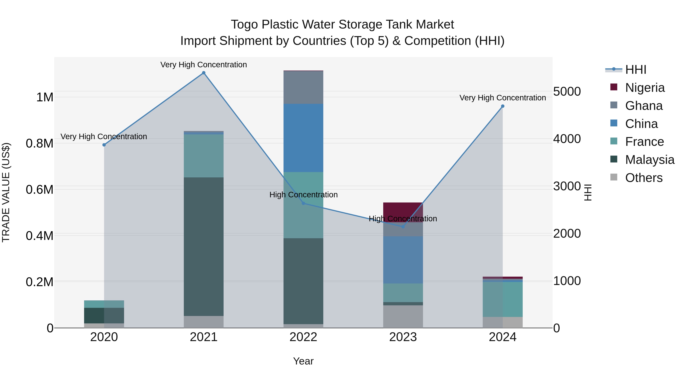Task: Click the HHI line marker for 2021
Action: (x=204, y=73)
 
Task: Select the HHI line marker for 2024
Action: (x=503, y=106)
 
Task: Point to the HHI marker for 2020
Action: (x=104, y=145)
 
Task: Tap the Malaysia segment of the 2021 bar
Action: (x=204, y=247)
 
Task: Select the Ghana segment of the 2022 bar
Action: (x=303, y=87)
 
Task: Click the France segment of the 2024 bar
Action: (x=503, y=299)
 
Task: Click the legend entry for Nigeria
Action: (x=645, y=87)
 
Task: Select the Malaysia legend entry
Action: (x=650, y=160)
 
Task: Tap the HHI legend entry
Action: (x=636, y=70)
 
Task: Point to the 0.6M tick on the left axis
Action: (x=39, y=189)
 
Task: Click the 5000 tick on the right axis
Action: (x=567, y=92)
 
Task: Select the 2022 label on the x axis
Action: (x=303, y=337)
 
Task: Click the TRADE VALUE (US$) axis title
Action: (x=6, y=192)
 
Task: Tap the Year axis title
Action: (x=303, y=361)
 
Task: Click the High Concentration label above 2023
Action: (x=403, y=219)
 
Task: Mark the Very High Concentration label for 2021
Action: (x=204, y=65)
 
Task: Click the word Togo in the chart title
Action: (x=244, y=25)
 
